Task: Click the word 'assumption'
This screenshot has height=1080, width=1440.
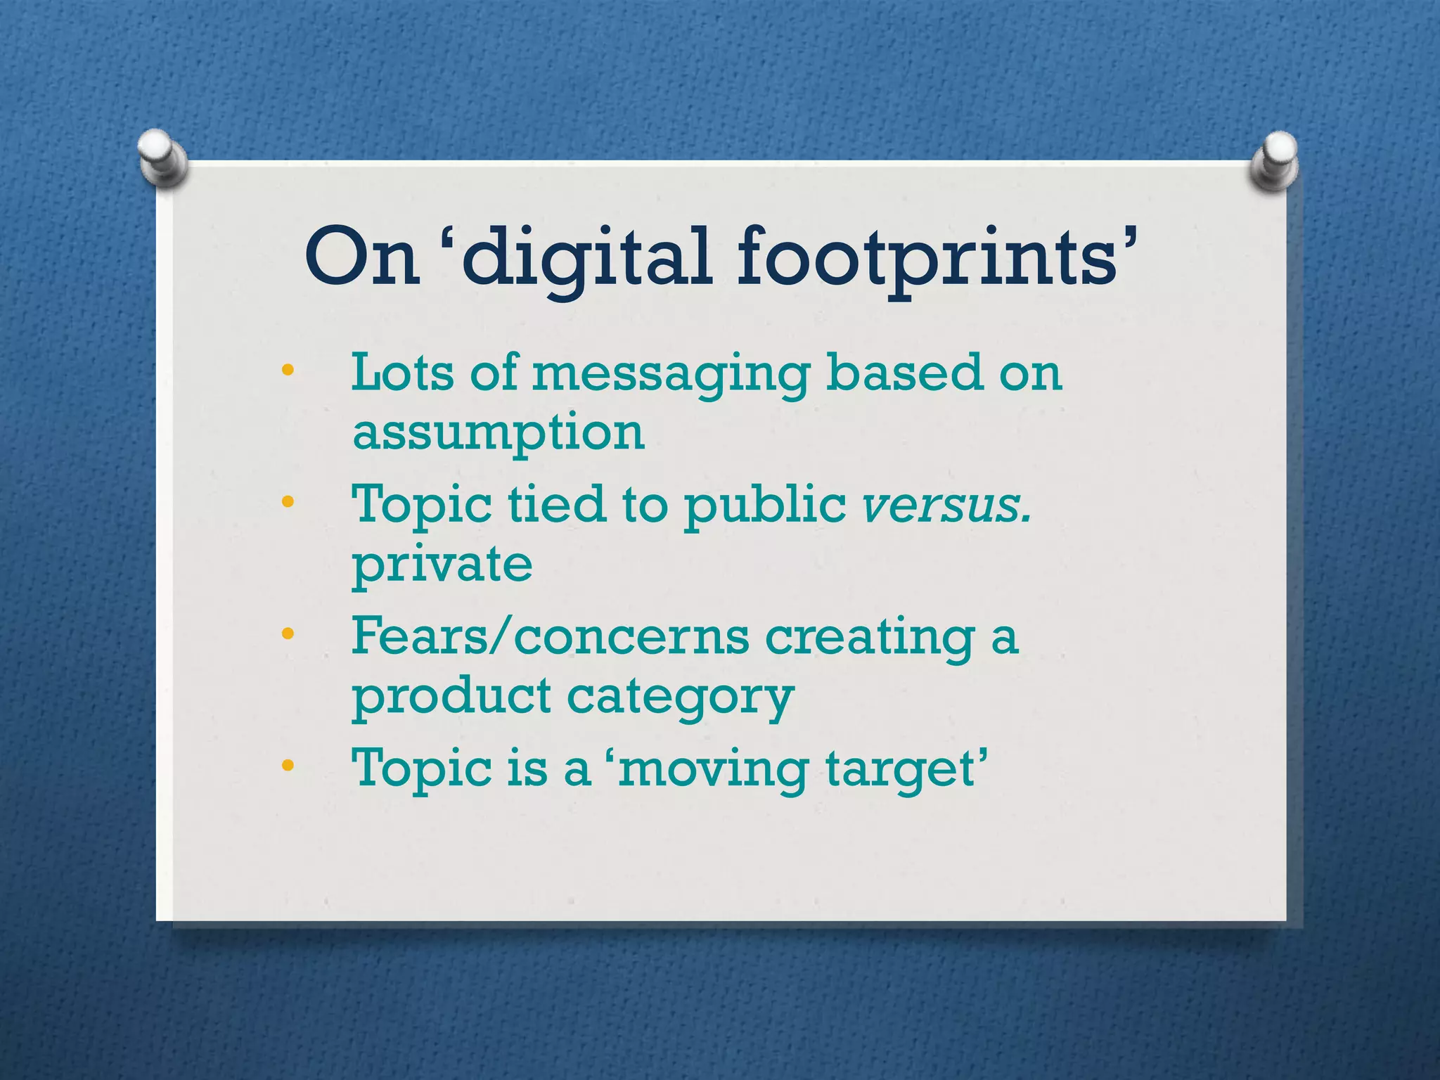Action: click(x=498, y=433)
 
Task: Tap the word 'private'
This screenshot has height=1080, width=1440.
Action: click(x=442, y=565)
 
